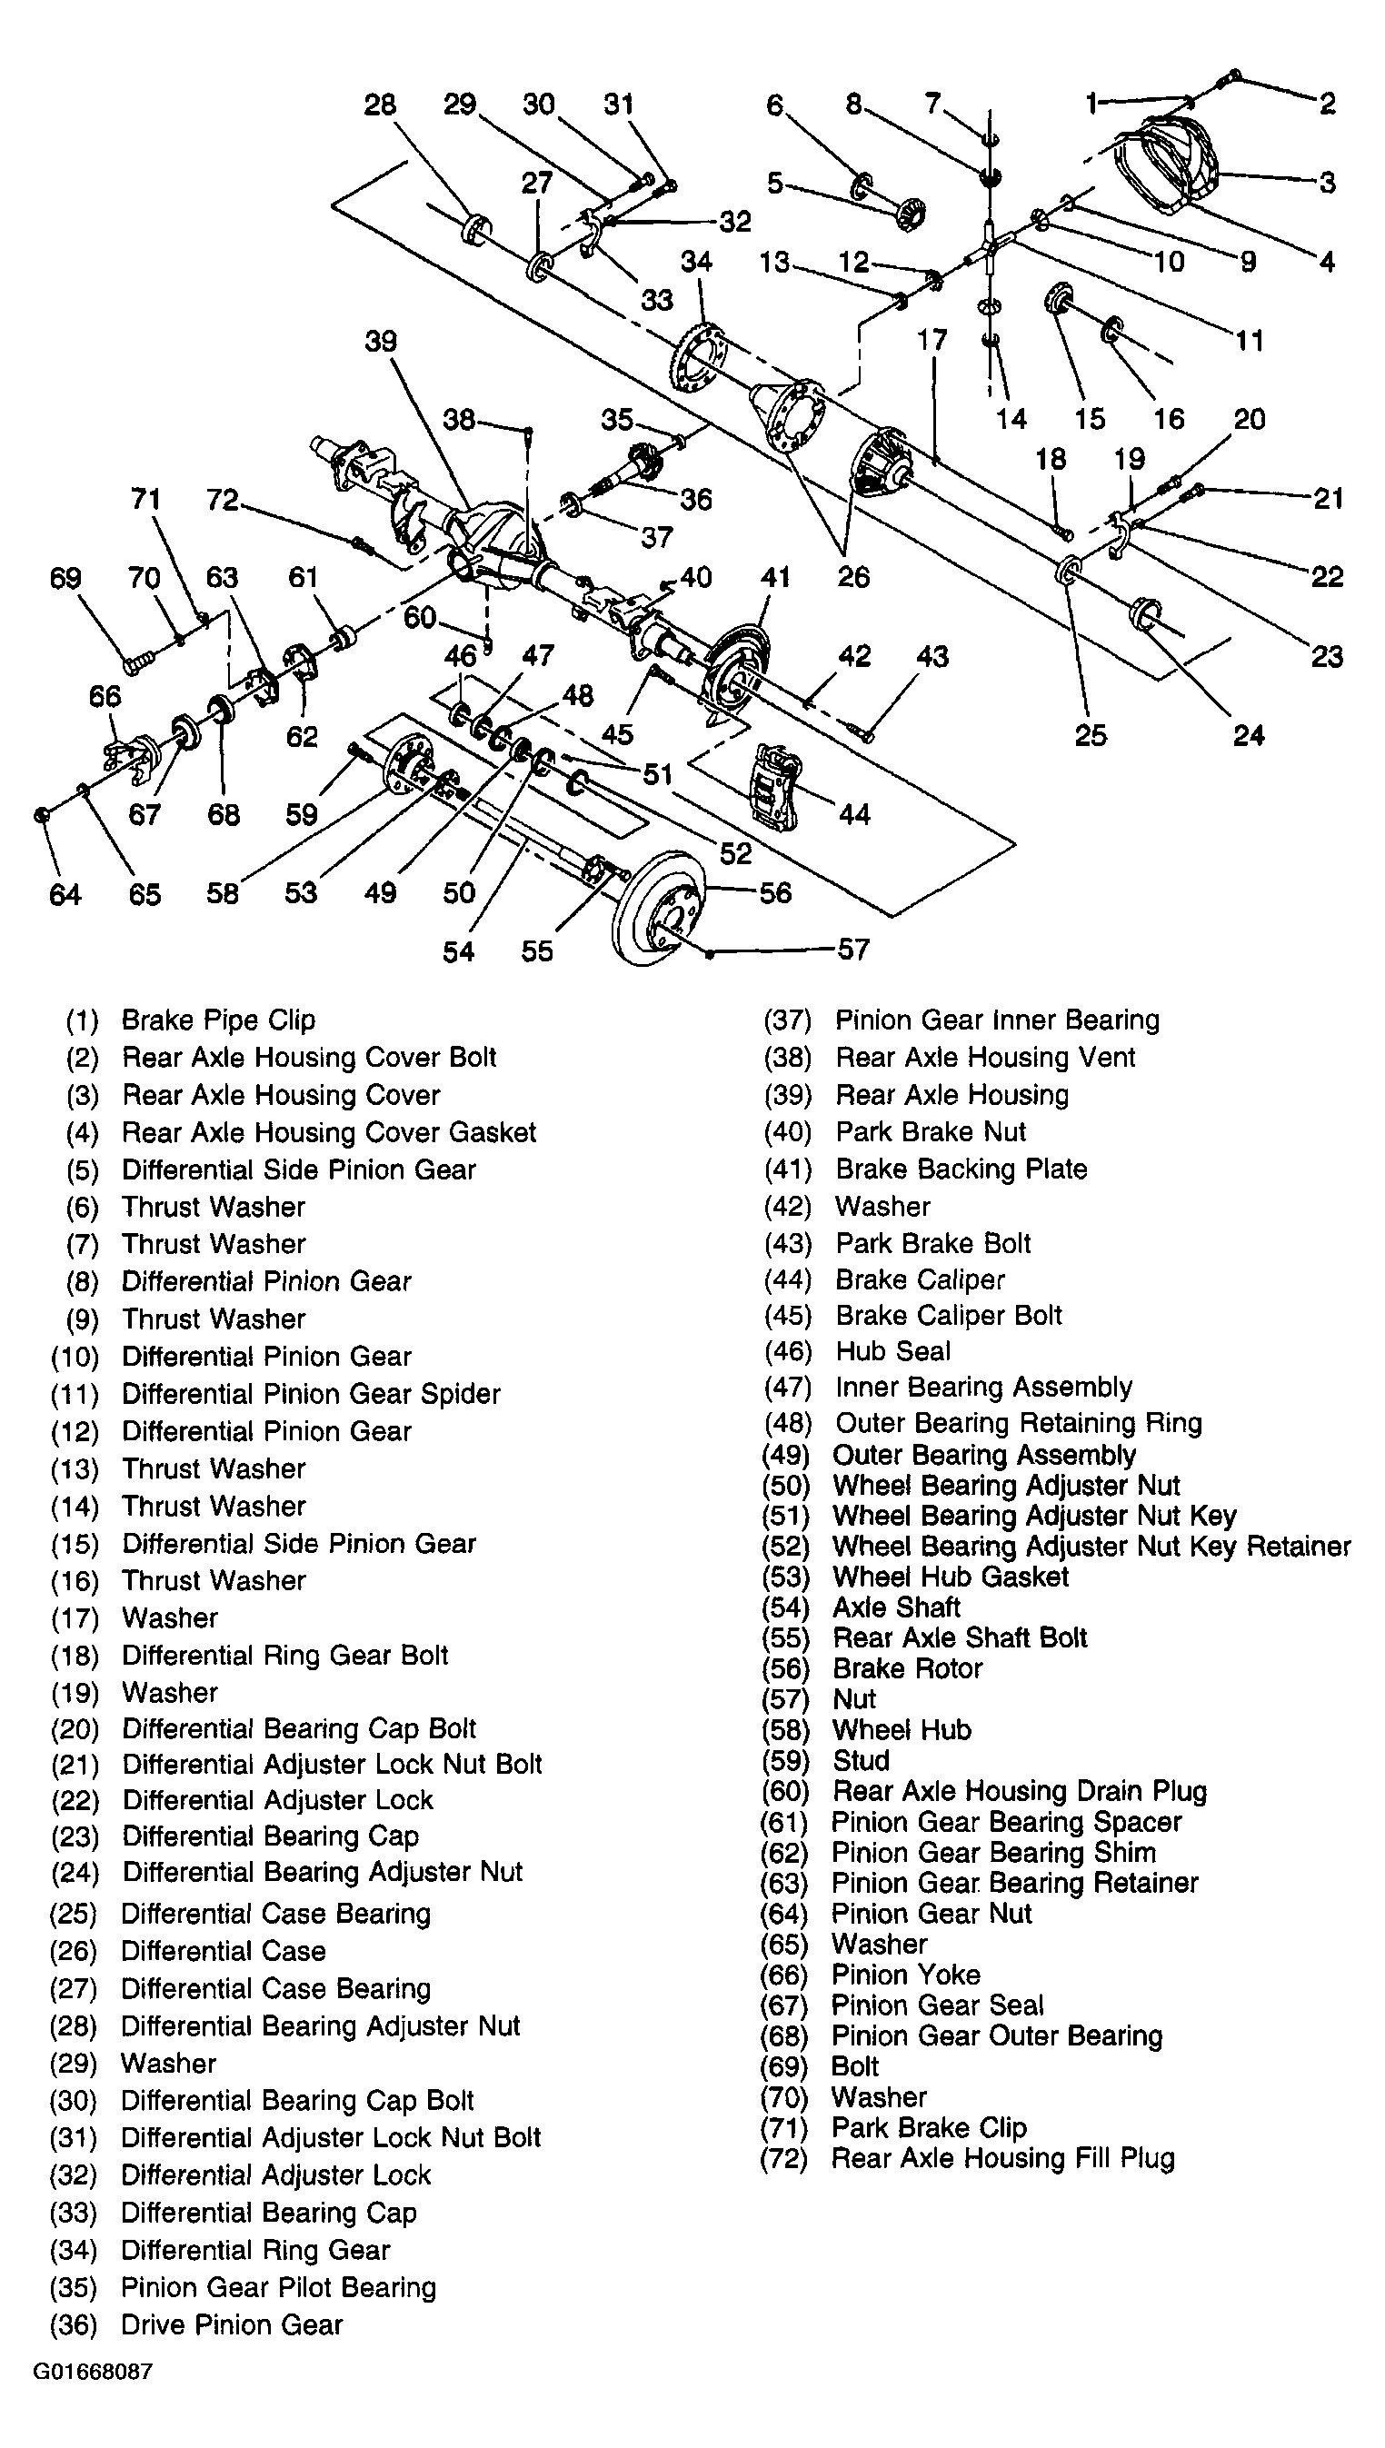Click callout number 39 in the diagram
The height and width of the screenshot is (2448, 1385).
(x=381, y=342)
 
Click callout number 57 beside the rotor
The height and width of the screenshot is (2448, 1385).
(x=853, y=950)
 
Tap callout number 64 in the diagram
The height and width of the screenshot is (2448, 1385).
(x=65, y=894)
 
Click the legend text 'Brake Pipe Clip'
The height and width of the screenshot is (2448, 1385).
(x=218, y=1020)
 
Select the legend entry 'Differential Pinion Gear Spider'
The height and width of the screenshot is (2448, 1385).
(x=311, y=1393)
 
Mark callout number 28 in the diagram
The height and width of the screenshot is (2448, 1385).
(x=380, y=104)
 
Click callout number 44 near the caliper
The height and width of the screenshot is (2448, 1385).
(x=853, y=814)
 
